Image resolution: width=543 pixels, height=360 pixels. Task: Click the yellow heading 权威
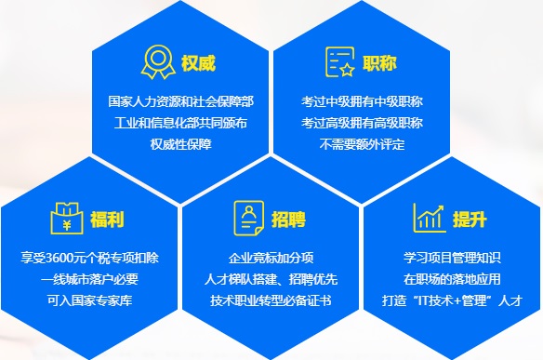(198, 64)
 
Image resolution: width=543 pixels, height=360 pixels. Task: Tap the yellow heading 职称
(379, 64)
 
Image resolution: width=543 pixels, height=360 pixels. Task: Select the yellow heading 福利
(108, 220)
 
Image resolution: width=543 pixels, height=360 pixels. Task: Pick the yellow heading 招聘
(289, 220)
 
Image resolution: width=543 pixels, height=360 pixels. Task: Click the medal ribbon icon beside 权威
(157, 62)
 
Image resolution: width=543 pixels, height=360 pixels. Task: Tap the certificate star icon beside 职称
(339, 63)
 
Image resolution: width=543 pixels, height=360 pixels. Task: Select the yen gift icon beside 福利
(67, 219)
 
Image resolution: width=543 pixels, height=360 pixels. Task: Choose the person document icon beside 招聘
(248, 219)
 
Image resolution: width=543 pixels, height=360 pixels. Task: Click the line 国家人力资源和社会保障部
(180, 101)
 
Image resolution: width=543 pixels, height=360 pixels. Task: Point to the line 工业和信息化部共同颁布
(180, 123)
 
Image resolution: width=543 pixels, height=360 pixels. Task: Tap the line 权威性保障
(180, 144)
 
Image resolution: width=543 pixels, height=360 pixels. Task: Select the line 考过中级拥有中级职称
(362, 101)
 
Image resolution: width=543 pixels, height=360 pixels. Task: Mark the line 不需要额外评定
(362, 144)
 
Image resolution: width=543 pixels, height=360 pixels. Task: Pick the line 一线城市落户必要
(89, 279)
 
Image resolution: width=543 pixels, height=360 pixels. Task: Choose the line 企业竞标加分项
(271, 258)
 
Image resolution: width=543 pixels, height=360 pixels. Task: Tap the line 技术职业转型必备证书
(271, 300)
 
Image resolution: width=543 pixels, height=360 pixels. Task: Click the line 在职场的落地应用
(452, 279)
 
